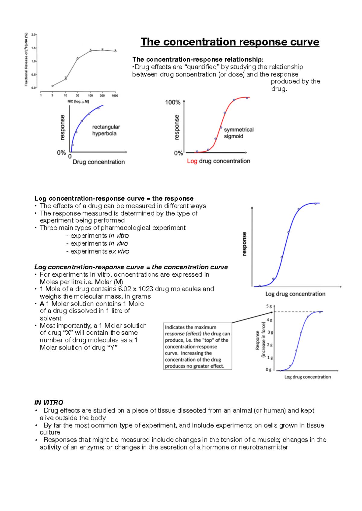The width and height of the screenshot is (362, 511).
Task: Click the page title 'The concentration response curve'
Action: (230, 42)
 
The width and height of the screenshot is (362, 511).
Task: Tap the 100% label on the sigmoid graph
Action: (173, 102)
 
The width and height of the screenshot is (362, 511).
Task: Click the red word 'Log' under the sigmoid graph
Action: (192, 161)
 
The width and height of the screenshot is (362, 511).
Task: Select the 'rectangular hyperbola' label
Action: (106, 130)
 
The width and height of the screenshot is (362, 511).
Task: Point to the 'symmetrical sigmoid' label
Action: (238, 133)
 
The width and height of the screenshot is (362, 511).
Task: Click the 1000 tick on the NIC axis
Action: (115, 96)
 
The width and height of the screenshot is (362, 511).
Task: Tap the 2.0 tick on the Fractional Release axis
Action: (33, 35)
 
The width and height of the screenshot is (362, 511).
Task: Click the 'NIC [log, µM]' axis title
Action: (78, 102)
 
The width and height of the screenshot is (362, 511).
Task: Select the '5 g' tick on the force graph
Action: (269, 306)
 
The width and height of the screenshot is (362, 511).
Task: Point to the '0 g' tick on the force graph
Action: (268, 370)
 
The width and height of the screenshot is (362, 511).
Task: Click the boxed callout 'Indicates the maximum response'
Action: (197, 346)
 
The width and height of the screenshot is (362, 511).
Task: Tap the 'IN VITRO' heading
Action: (49, 403)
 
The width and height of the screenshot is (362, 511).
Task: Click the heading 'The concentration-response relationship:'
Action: (198, 59)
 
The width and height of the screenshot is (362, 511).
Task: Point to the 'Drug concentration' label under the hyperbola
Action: (99, 162)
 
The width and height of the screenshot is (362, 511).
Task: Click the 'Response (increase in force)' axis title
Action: (260, 340)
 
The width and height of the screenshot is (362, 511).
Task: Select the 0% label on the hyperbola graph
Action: (61, 153)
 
